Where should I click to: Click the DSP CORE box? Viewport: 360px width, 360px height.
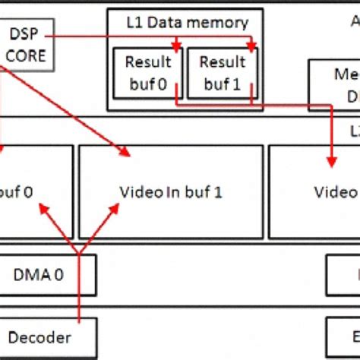point(27,46)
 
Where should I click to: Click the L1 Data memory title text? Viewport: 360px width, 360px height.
point(186,23)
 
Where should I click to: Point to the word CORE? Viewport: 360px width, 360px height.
point(28,55)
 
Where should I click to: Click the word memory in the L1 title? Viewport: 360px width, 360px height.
point(219,23)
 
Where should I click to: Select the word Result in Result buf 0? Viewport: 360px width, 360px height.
point(144,62)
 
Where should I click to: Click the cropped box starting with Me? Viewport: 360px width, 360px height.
point(334,85)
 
